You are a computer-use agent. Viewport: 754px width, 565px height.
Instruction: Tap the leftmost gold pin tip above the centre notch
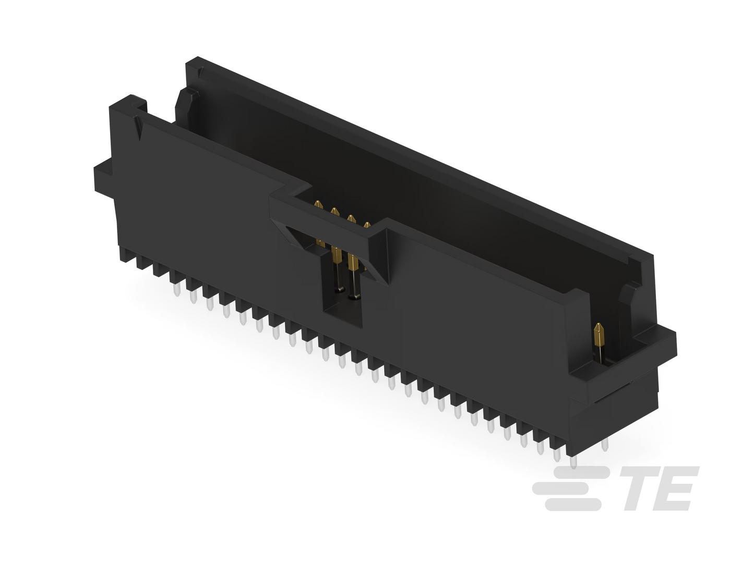319,205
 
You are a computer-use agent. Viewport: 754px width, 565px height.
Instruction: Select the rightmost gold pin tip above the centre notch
367,225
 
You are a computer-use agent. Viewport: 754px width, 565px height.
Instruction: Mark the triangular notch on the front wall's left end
139,128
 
